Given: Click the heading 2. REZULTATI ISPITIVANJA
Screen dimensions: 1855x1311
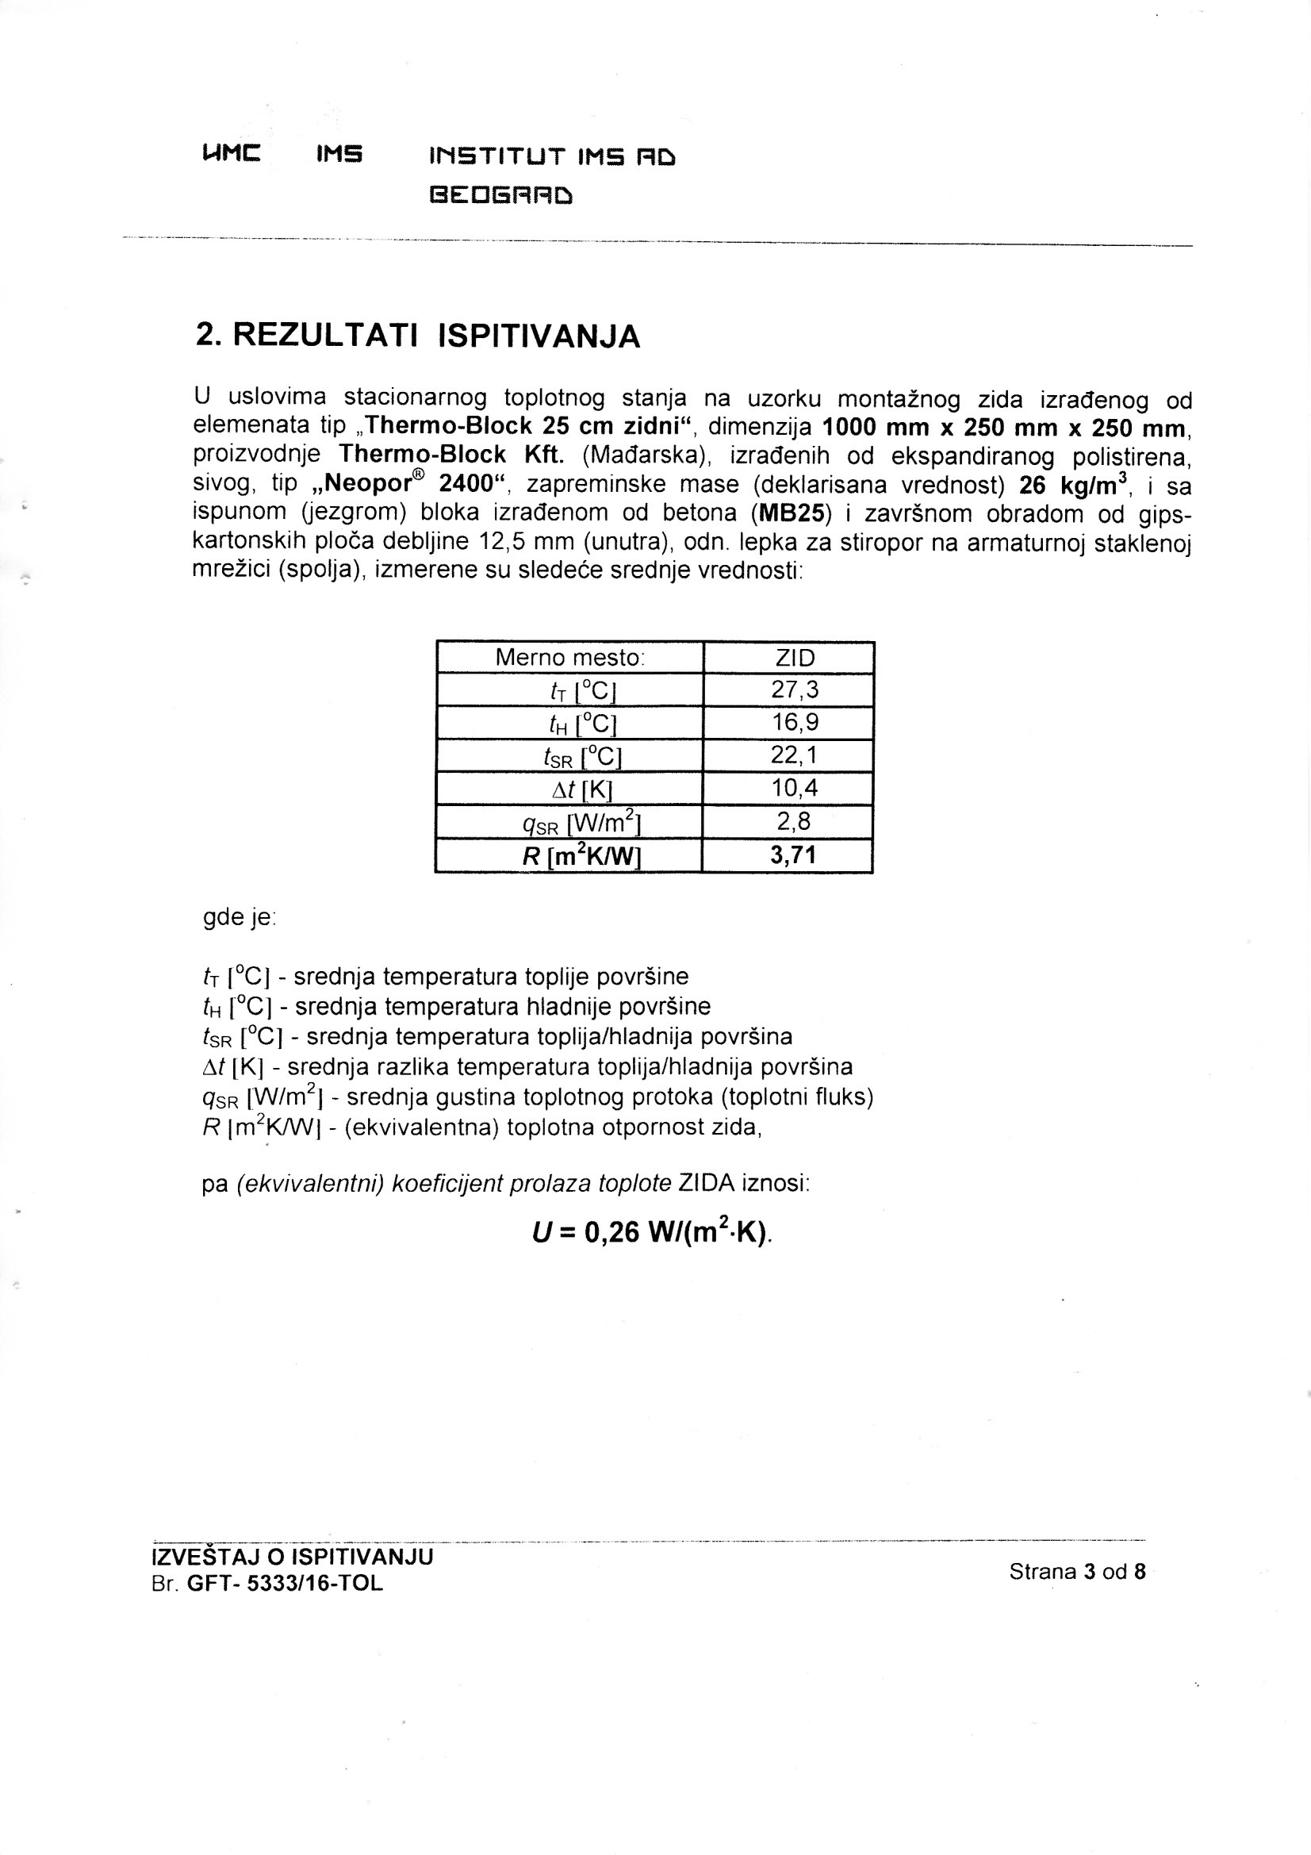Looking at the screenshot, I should point(418,336).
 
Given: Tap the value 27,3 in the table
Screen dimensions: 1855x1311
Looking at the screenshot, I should point(795,690).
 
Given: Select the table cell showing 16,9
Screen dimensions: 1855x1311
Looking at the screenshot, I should point(795,722).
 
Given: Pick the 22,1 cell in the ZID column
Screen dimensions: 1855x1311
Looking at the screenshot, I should point(795,755).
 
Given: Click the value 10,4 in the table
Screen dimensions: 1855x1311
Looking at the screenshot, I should point(795,789).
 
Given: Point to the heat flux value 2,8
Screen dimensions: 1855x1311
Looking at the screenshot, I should point(795,822).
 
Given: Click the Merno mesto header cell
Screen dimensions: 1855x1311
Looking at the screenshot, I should point(569,658).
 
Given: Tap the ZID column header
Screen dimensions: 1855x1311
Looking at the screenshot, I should point(795,658).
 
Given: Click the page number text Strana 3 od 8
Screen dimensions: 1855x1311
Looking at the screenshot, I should point(1077,1572).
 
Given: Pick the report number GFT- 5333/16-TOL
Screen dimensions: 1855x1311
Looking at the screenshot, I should point(285,1584).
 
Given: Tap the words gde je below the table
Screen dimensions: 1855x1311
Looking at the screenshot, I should point(239,918).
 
